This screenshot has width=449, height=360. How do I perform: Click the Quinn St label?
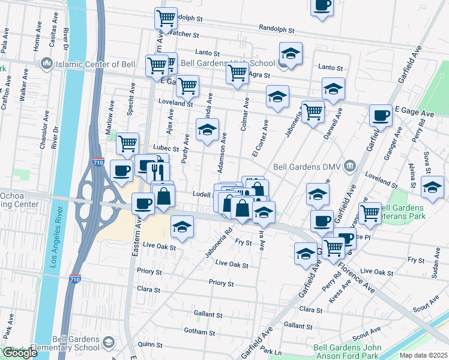[x=146, y=344]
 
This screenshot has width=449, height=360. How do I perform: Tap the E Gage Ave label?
[x=414, y=113]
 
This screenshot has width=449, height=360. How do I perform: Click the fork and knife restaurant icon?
[x=158, y=172]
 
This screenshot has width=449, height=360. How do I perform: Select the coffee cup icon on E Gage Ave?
[x=379, y=115]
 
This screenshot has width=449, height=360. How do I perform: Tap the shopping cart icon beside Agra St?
[x=237, y=73]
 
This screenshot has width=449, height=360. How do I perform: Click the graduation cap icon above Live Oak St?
[x=182, y=226]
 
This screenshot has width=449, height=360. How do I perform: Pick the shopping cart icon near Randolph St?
[x=166, y=17]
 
